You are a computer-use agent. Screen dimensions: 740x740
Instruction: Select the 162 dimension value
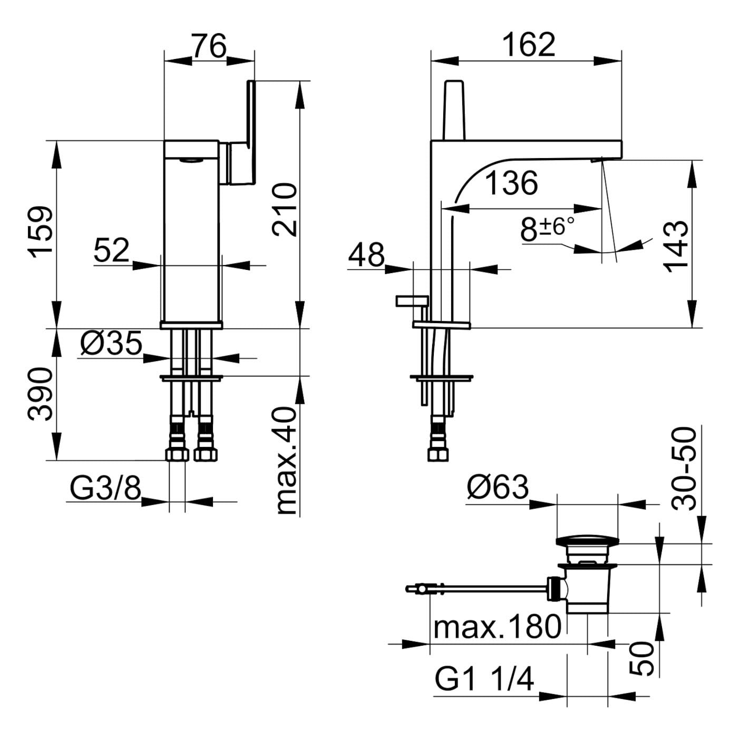(529, 45)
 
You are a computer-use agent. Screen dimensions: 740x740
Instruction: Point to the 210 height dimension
(285, 209)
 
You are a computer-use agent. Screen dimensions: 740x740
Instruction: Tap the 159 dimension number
(42, 232)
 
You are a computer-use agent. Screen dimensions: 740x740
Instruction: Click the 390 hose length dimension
(41, 394)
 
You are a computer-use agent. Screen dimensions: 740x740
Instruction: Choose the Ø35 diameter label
(111, 344)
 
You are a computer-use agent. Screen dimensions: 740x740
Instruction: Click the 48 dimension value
(366, 255)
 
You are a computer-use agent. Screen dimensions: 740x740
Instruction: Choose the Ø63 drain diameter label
(497, 488)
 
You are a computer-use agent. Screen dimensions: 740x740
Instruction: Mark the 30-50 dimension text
(684, 469)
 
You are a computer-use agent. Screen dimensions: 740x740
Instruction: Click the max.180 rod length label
(496, 627)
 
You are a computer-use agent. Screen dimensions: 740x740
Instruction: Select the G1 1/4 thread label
(484, 680)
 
